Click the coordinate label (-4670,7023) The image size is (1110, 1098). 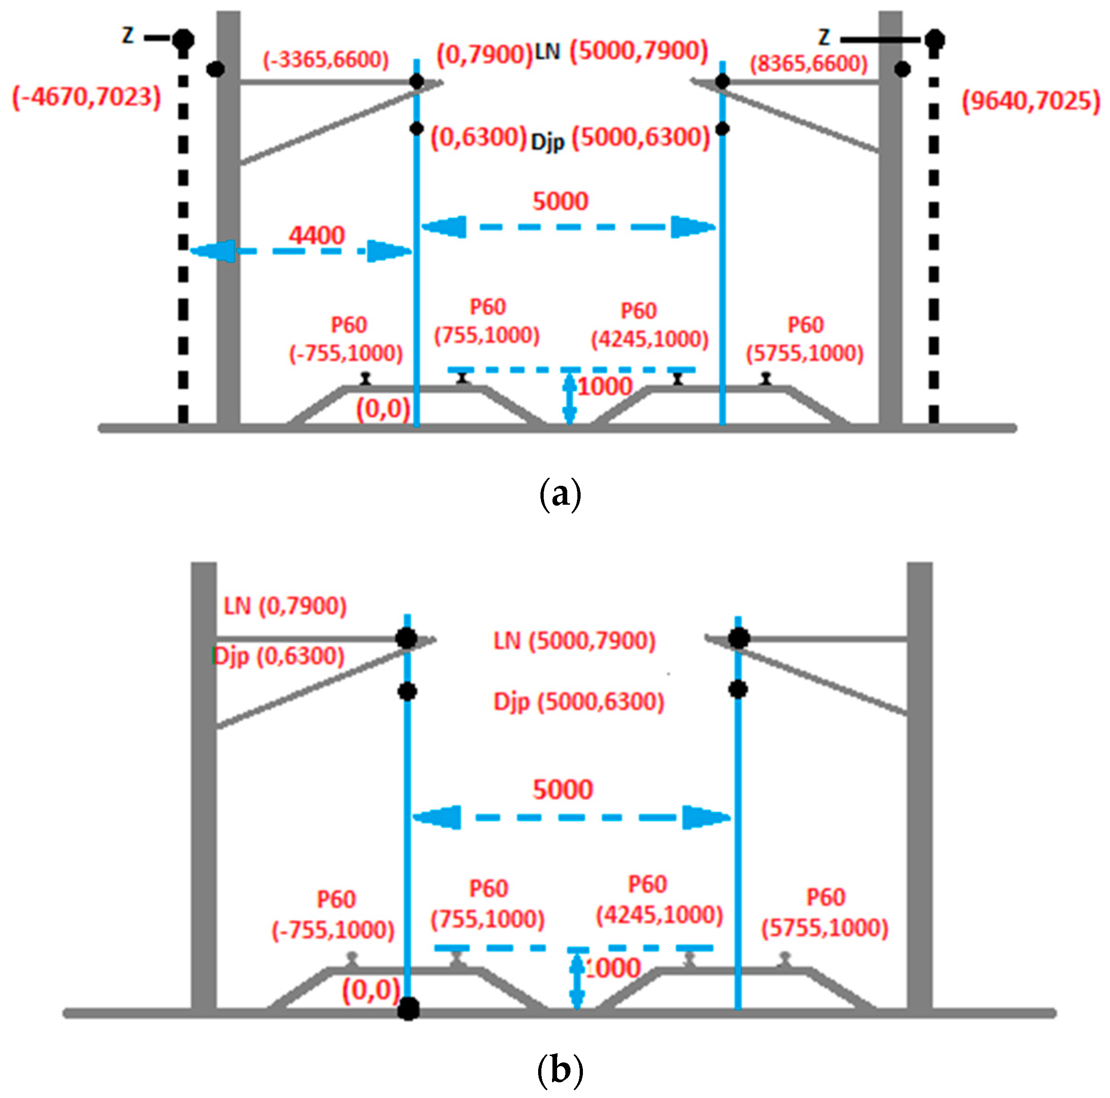86,97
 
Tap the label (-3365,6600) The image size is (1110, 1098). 326,60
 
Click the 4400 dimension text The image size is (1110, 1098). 317,235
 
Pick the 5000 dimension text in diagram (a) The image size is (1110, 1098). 560,201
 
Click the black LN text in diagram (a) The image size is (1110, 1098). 547,52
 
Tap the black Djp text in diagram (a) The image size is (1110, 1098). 547,141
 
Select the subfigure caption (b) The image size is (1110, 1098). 560,1069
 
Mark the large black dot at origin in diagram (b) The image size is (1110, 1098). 408,1008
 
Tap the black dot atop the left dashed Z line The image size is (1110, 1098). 183,40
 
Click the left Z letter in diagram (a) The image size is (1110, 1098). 128,36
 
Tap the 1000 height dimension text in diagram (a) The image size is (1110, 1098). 605,387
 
